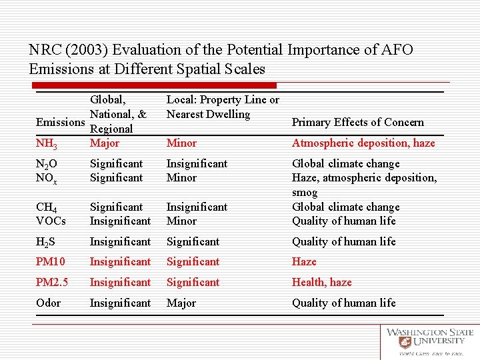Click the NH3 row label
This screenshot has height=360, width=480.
tap(45, 143)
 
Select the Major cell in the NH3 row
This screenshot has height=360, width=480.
tap(105, 143)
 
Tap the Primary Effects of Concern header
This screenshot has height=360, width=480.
tap(357, 122)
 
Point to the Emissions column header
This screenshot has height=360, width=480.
tap(61, 122)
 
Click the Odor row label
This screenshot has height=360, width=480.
tap(48, 303)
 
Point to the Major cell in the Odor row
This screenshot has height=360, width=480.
tap(181, 303)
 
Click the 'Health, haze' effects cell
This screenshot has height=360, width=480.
tap(321, 282)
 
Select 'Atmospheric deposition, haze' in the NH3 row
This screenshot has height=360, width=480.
tap(363, 143)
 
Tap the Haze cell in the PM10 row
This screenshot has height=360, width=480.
tap(304, 261)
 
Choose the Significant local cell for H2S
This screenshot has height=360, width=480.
tap(193, 241)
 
